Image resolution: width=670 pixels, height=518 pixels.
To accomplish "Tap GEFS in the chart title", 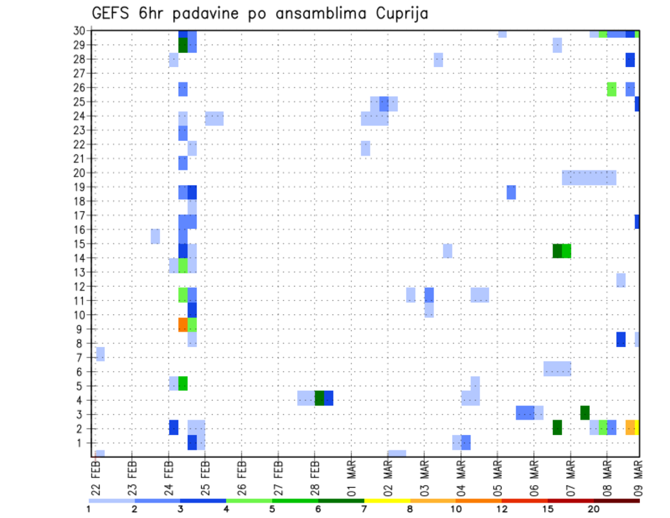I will point(112,13).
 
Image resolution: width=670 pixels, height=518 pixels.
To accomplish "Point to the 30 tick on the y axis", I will point(80,31).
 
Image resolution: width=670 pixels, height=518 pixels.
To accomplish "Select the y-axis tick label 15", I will point(80,244).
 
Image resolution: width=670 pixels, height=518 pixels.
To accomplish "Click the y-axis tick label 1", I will point(82,443).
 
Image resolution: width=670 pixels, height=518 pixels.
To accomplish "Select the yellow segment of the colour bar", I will point(387,500).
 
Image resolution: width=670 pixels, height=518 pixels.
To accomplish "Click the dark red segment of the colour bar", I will point(616,500).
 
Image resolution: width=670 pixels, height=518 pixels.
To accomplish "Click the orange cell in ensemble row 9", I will point(183,325).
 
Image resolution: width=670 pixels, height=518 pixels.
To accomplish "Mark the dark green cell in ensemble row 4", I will point(320,398).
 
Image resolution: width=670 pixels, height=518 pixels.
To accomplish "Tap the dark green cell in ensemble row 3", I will point(585,413).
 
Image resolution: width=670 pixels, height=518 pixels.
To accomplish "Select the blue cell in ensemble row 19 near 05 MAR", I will point(511,192).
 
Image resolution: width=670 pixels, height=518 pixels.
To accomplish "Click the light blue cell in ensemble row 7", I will point(100,354).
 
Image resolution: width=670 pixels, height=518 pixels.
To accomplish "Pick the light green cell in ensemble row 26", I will point(612,89).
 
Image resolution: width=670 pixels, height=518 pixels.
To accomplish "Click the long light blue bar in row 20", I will point(589,178).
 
